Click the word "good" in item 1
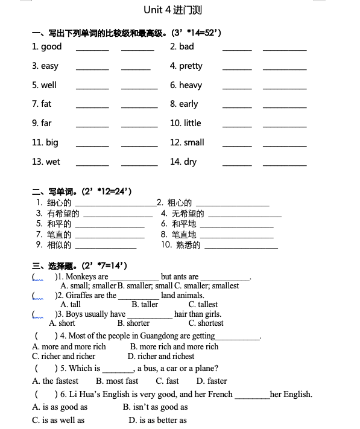(x=51, y=46)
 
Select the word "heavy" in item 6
(x=191, y=85)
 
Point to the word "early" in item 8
(x=188, y=104)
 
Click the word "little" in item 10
(x=192, y=123)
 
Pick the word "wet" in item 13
(x=53, y=162)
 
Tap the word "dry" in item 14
(x=190, y=162)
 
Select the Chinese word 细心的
(x=59, y=203)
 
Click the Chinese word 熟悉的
(x=188, y=245)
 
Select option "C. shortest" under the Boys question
(x=206, y=323)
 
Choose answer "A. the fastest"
(x=55, y=381)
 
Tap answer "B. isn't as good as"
(x=155, y=407)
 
